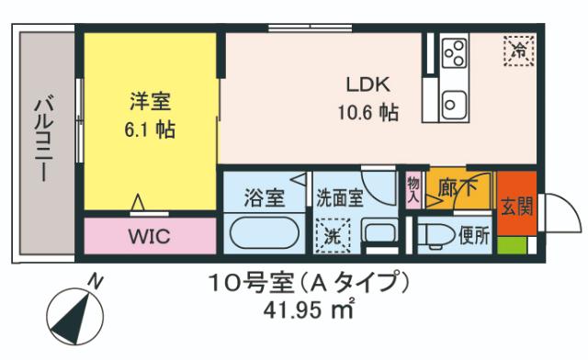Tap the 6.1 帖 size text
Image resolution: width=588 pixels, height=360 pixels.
click(x=150, y=129)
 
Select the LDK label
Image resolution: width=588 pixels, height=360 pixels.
click(x=367, y=84)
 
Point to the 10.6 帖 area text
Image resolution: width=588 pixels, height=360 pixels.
click(x=367, y=113)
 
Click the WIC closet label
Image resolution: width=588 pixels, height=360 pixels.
click(x=148, y=236)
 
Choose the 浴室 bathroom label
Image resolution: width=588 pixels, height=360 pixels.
click(x=263, y=196)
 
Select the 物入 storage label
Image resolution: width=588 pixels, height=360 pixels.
click(x=413, y=189)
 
